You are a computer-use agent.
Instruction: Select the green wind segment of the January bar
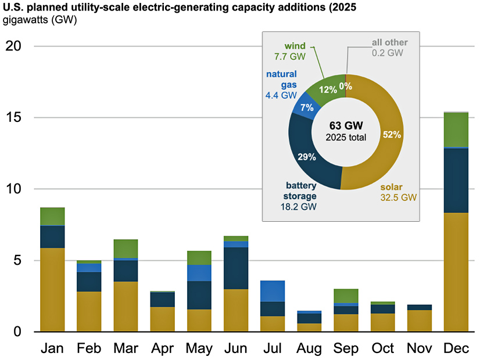click(52, 216)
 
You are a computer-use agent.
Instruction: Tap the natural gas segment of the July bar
click(272, 291)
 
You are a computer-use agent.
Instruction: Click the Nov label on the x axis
click(419, 348)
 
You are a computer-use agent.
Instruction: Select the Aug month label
click(309, 348)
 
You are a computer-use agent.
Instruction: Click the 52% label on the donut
click(392, 134)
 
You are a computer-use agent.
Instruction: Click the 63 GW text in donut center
click(345, 125)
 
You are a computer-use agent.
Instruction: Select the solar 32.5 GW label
click(399, 192)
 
